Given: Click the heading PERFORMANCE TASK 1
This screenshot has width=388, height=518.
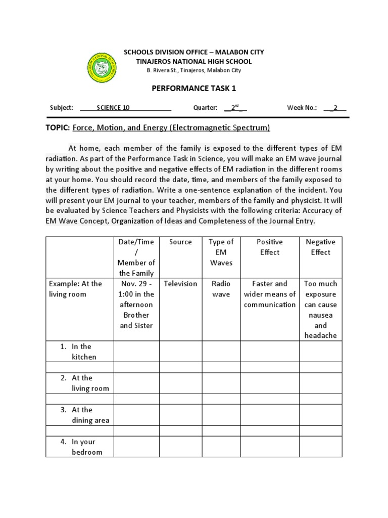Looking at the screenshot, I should [194, 89].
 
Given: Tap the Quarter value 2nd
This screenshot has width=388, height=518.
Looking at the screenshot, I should [234, 108].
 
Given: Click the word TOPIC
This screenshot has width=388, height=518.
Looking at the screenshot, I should [58, 128].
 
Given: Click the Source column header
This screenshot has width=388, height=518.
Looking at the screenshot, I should [180, 242].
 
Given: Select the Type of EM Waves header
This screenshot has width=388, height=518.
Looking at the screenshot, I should [221, 252].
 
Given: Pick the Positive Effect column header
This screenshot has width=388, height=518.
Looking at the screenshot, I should [270, 247].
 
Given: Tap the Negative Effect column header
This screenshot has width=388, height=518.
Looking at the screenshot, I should [321, 247].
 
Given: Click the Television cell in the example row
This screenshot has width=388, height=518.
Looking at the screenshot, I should [180, 284].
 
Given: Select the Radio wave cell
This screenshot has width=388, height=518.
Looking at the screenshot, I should [221, 289].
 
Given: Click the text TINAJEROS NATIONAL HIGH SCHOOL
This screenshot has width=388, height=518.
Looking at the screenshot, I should [194, 61].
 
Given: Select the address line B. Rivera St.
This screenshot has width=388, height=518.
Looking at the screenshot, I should [194, 71].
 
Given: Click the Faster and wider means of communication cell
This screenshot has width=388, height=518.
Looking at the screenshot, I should [270, 294].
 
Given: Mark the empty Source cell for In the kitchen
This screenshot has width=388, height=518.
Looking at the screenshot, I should [180, 352].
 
